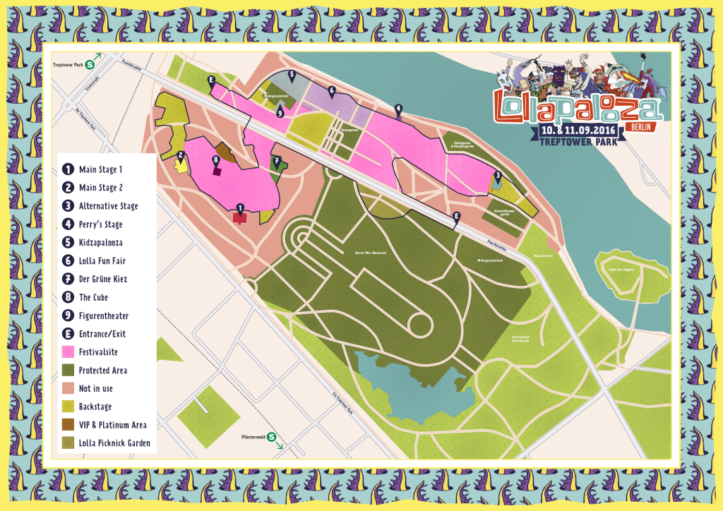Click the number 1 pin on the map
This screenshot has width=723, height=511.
[x=240, y=208]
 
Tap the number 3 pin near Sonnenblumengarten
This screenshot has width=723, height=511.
[x=498, y=176]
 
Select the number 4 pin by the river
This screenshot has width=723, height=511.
[x=399, y=109]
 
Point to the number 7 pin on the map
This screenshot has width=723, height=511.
[x=277, y=161]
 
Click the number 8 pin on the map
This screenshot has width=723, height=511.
[x=217, y=160]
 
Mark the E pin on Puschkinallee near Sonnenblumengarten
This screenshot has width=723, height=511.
[x=456, y=216]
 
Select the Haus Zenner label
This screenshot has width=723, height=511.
[x=542, y=255]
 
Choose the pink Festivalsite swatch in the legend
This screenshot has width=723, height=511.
[x=68, y=351]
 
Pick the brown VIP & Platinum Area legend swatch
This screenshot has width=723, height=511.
[x=68, y=425]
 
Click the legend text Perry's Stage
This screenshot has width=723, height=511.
[x=100, y=224]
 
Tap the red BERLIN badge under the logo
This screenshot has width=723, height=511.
[x=638, y=126]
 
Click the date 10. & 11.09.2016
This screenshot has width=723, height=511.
[x=577, y=131]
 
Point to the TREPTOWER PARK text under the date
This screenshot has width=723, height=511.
[x=578, y=143]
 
